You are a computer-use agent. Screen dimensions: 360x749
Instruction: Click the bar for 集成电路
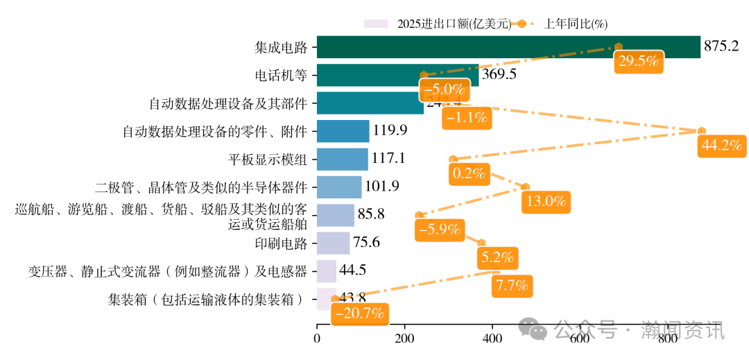[508, 47]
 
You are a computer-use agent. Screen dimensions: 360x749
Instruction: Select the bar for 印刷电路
[334, 243]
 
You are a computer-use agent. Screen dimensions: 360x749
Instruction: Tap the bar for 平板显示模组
[343, 159]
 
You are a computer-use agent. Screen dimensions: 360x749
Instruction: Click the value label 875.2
[721, 47]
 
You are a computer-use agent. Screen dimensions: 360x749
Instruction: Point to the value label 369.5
[499, 75]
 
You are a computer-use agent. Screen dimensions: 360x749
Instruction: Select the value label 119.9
[390, 131]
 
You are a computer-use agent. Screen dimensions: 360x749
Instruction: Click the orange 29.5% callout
[637, 61]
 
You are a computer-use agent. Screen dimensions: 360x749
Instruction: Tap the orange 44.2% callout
[722, 146]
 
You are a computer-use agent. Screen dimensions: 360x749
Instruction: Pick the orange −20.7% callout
[359, 314]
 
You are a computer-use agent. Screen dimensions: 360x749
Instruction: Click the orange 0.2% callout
[468, 173]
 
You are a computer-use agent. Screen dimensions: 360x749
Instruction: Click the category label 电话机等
[281, 75]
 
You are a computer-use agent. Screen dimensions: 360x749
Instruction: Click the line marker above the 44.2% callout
[702, 130]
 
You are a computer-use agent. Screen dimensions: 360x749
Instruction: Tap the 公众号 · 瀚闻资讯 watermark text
[638, 331]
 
